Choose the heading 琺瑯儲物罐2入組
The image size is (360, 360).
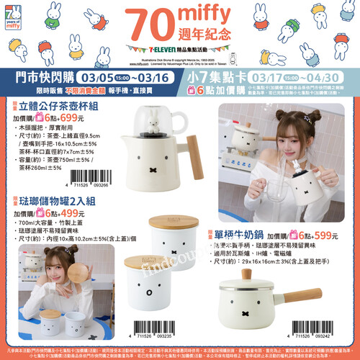[x=54, y=202]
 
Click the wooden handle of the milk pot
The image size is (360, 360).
[x=306, y=294]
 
